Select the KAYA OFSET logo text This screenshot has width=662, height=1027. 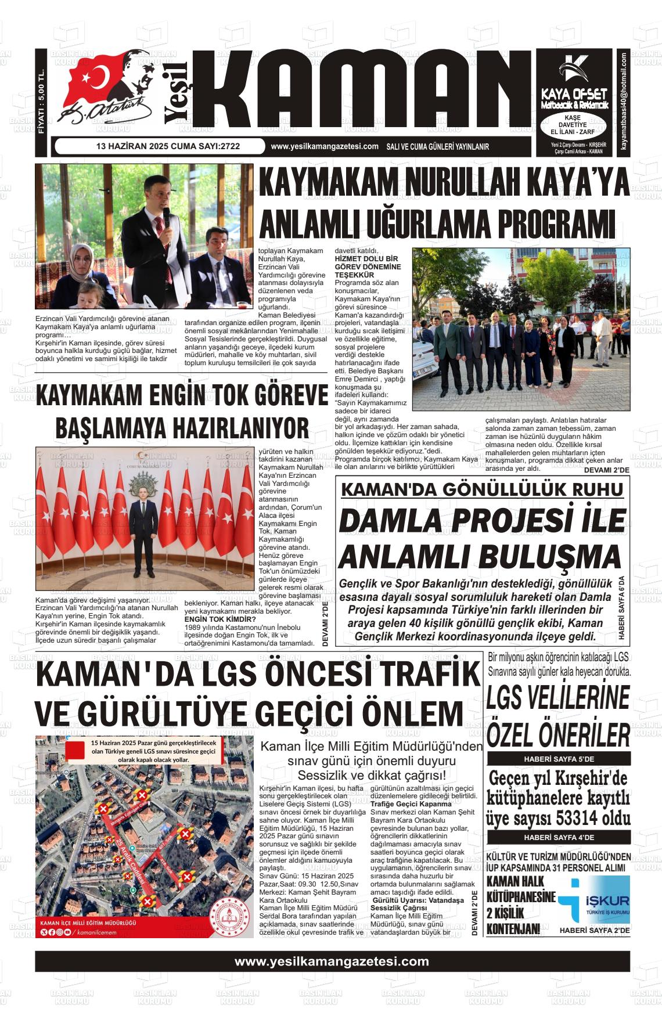(574, 94)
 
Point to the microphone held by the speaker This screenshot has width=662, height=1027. (166, 217)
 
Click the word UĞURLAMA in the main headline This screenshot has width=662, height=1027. (386, 224)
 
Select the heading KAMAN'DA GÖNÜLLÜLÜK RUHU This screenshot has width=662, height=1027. (482, 489)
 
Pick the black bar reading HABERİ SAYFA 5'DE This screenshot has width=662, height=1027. (558, 759)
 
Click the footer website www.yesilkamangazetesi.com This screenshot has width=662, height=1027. (332, 961)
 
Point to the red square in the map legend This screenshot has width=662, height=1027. (76, 750)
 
